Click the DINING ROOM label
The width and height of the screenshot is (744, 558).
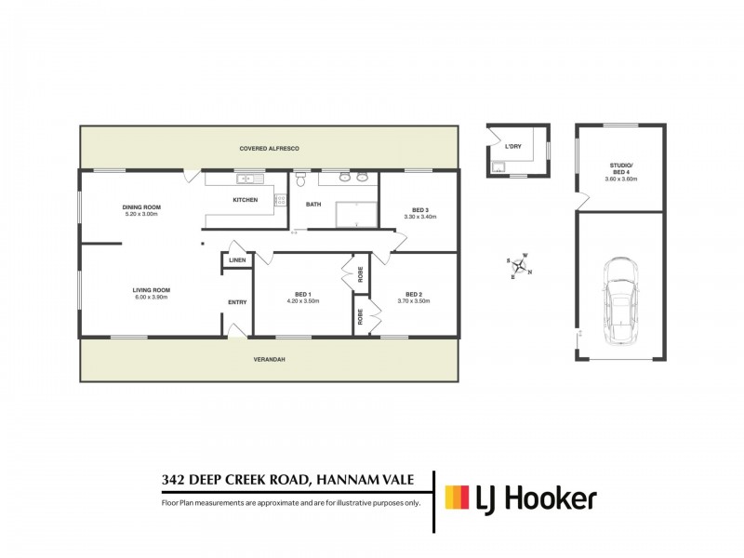(142, 206)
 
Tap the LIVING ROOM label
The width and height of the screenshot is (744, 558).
(151, 290)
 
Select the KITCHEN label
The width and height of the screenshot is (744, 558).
(245, 200)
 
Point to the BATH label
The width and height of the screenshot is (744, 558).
(313, 205)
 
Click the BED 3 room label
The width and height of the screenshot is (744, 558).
(420, 209)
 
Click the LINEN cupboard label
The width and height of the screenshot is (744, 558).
(236, 260)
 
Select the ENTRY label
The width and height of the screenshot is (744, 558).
(237, 302)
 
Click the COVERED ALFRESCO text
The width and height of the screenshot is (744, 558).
(270, 148)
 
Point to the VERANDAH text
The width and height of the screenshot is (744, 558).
(268, 359)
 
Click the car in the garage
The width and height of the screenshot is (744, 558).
(620, 297)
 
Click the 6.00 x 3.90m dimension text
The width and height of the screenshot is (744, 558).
(151, 298)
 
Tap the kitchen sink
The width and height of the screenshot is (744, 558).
(248, 179)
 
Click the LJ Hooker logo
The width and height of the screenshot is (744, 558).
(521, 498)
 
